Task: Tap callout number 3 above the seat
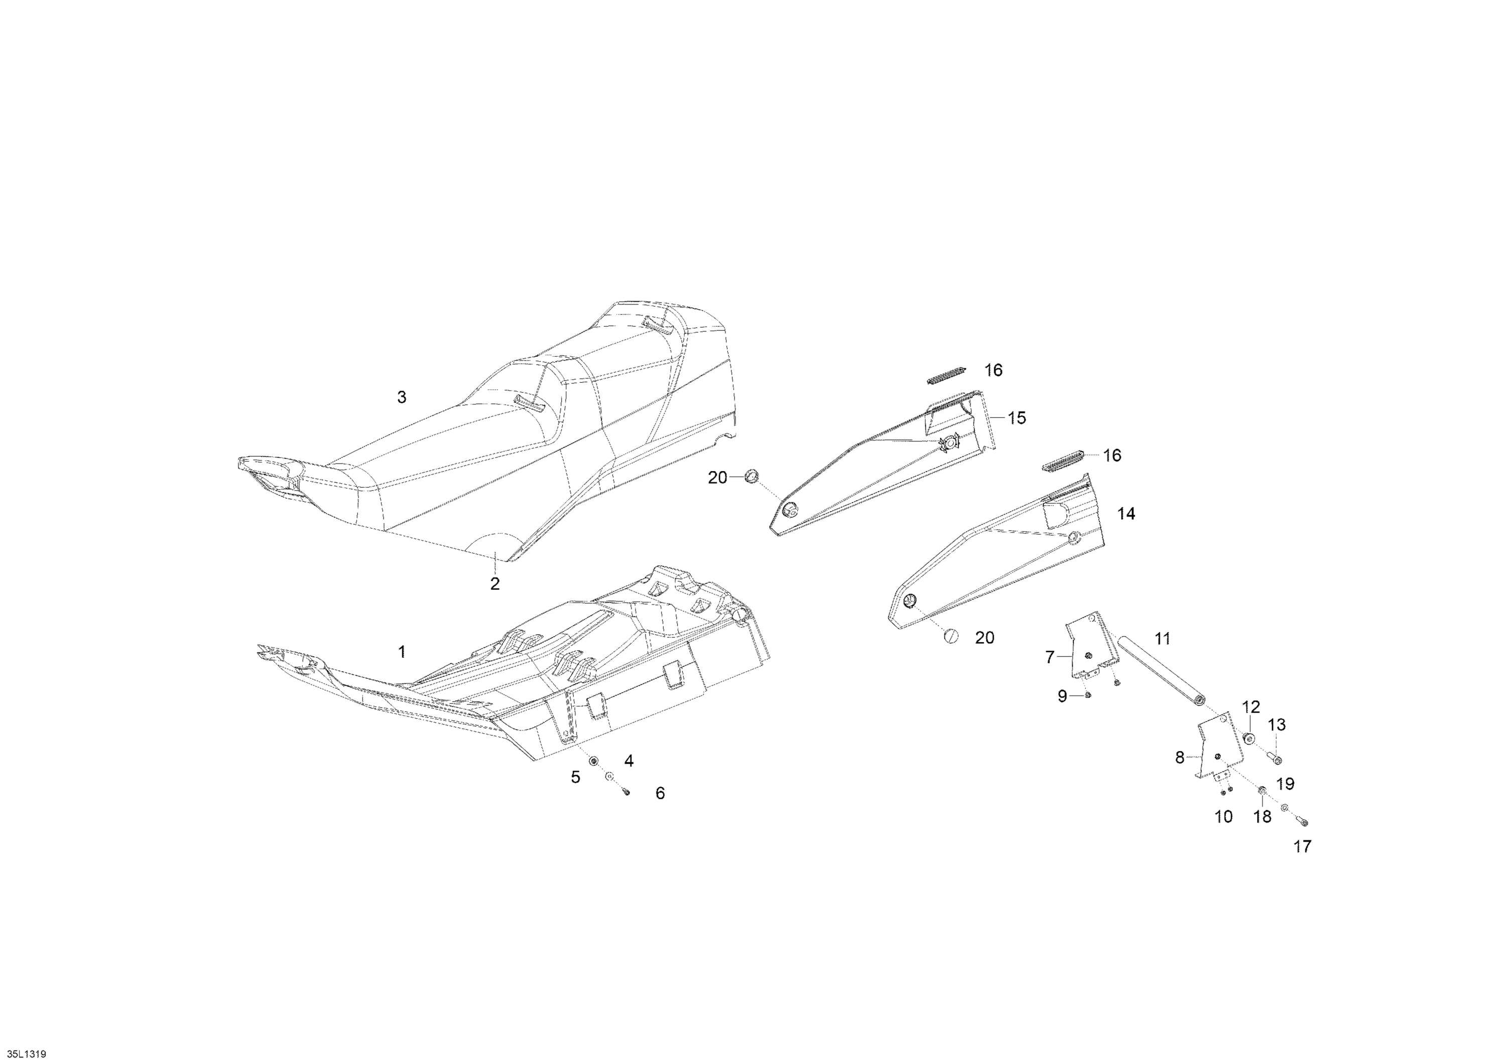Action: tap(402, 397)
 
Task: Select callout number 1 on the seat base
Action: tap(402, 652)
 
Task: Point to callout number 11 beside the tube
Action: tap(1162, 638)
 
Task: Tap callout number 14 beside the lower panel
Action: tap(1125, 514)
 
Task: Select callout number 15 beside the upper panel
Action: tap(1017, 417)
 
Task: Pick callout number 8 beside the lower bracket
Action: tap(1179, 758)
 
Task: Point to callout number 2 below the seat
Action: tap(494, 583)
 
